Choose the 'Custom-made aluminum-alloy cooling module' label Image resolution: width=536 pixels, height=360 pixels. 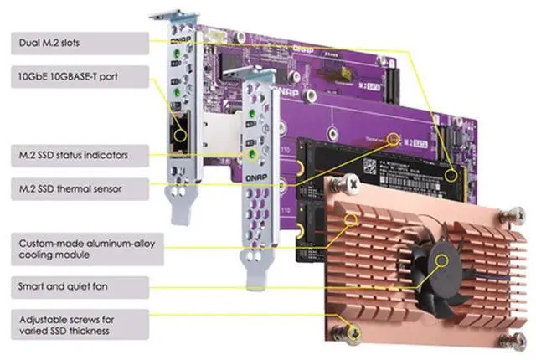(x=75, y=248)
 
